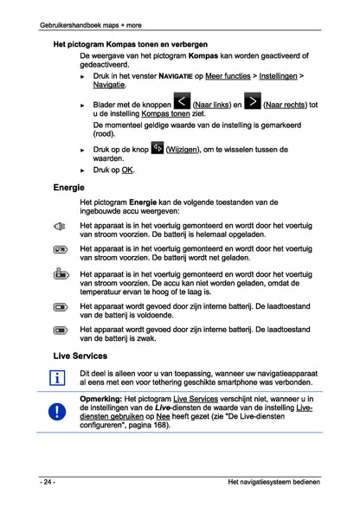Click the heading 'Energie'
pyautogui.click(x=68, y=187)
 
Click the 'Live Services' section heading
pyautogui.click(x=80, y=356)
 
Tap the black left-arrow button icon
pyautogui.click(x=181, y=103)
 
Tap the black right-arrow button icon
pyautogui.click(x=252, y=103)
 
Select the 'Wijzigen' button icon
pyautogui.click(x=157, y=148)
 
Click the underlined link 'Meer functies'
pyautogui.click(x=233, y=76)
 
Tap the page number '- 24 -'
pyautogui.click(x=48, y=481)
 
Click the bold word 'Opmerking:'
pyautogui.click(x=102, y=398)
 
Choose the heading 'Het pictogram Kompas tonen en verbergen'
pyautogui.click(x=130, y=42)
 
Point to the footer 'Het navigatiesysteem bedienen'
pyautogui.click(x=273, y=481)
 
